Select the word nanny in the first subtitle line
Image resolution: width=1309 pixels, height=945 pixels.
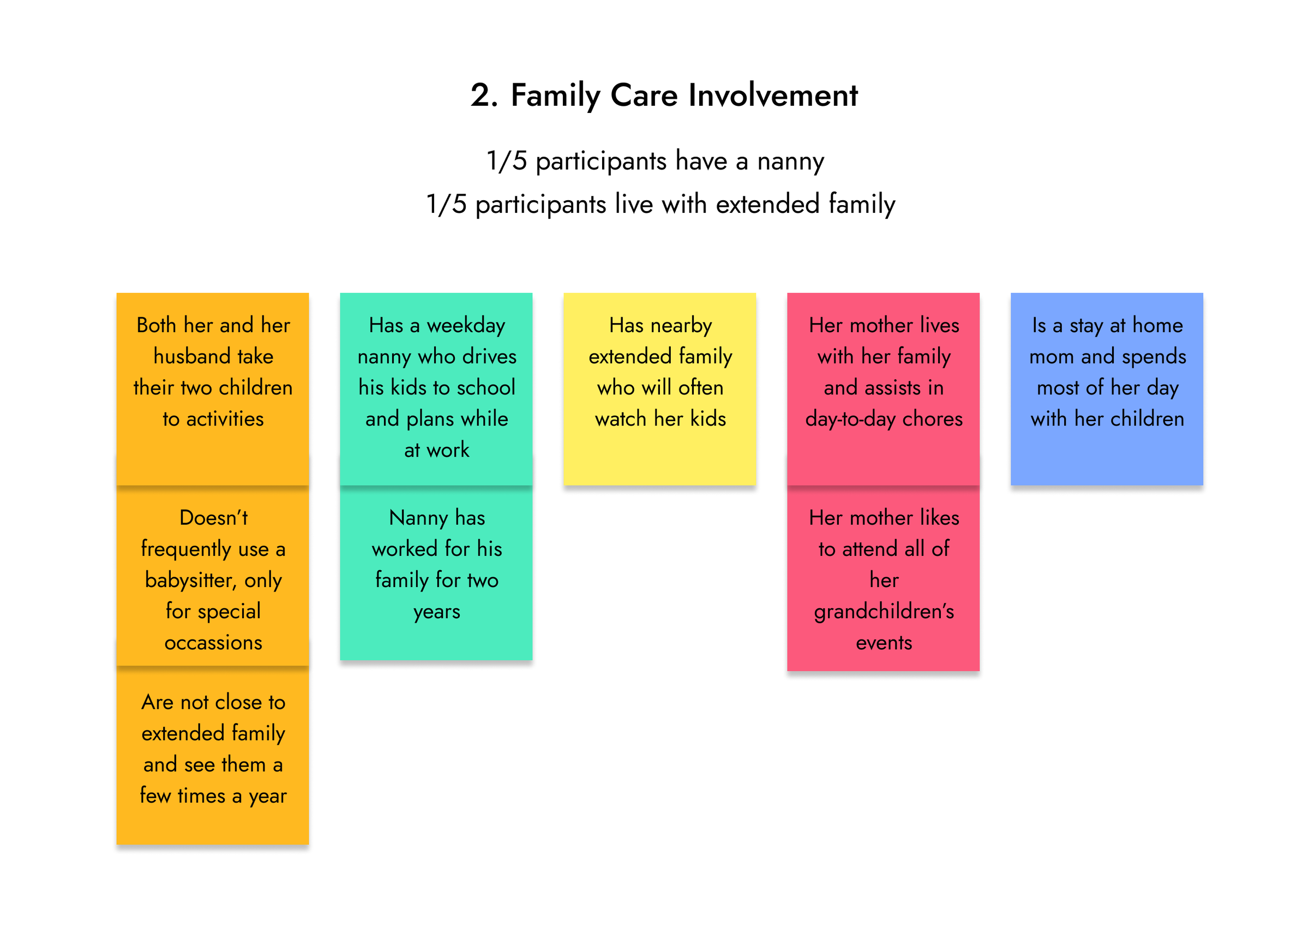click(790, 162)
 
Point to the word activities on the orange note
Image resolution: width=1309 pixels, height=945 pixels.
click(225, 418)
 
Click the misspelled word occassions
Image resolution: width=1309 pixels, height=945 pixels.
click(213, 642)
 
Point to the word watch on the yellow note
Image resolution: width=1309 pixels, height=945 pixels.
click(621, 418)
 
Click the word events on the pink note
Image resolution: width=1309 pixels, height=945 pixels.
click(884, 643)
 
